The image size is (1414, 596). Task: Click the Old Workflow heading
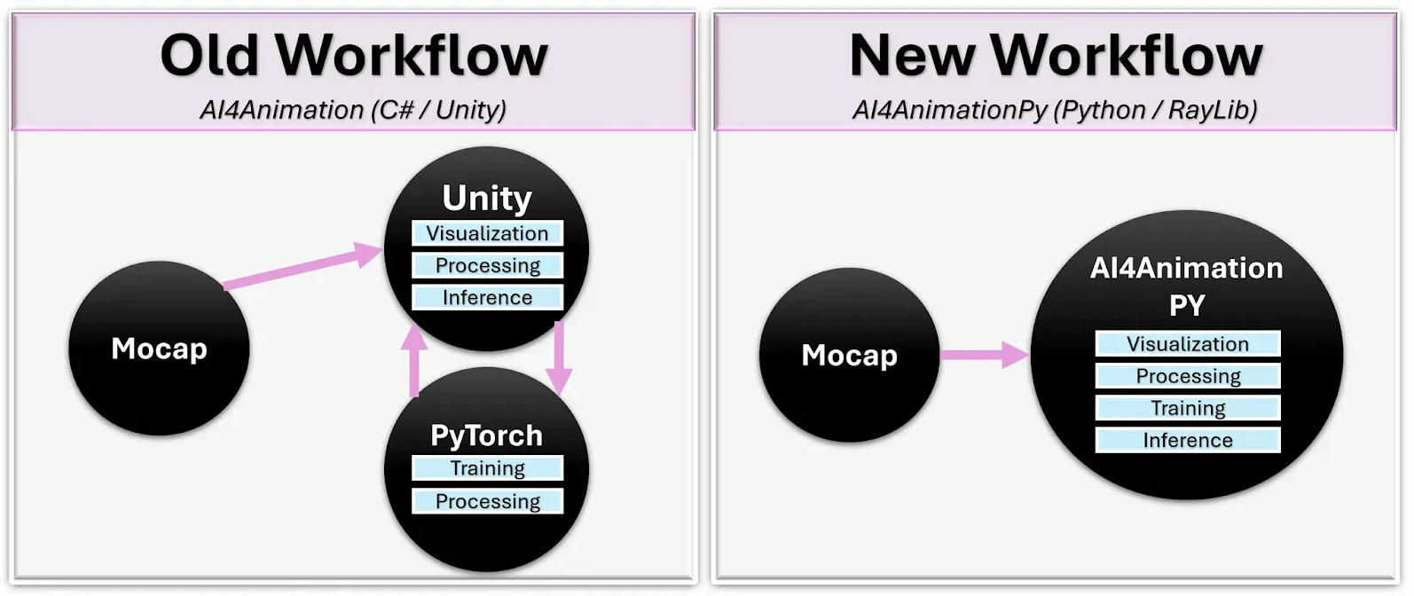353,55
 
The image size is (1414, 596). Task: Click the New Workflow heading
1056,55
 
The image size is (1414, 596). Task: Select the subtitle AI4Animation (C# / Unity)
353,110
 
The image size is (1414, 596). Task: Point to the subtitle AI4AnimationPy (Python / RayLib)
1055,110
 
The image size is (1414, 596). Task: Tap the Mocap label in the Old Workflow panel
159,349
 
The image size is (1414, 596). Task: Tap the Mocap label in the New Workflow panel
849,356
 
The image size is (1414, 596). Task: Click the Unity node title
487,198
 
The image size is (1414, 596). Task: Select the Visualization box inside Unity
487,233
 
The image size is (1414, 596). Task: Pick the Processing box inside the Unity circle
487,265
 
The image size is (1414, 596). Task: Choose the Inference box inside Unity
487,297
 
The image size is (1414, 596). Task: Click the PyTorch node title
486,435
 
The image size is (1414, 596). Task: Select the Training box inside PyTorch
487,468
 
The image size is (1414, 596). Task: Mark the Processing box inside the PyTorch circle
487,501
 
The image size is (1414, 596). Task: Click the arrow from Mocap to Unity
302,269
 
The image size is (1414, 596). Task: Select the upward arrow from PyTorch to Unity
413,360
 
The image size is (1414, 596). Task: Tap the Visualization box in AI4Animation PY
1188,344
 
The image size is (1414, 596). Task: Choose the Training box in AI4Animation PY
1188,408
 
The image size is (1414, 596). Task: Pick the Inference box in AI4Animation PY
1188,440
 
